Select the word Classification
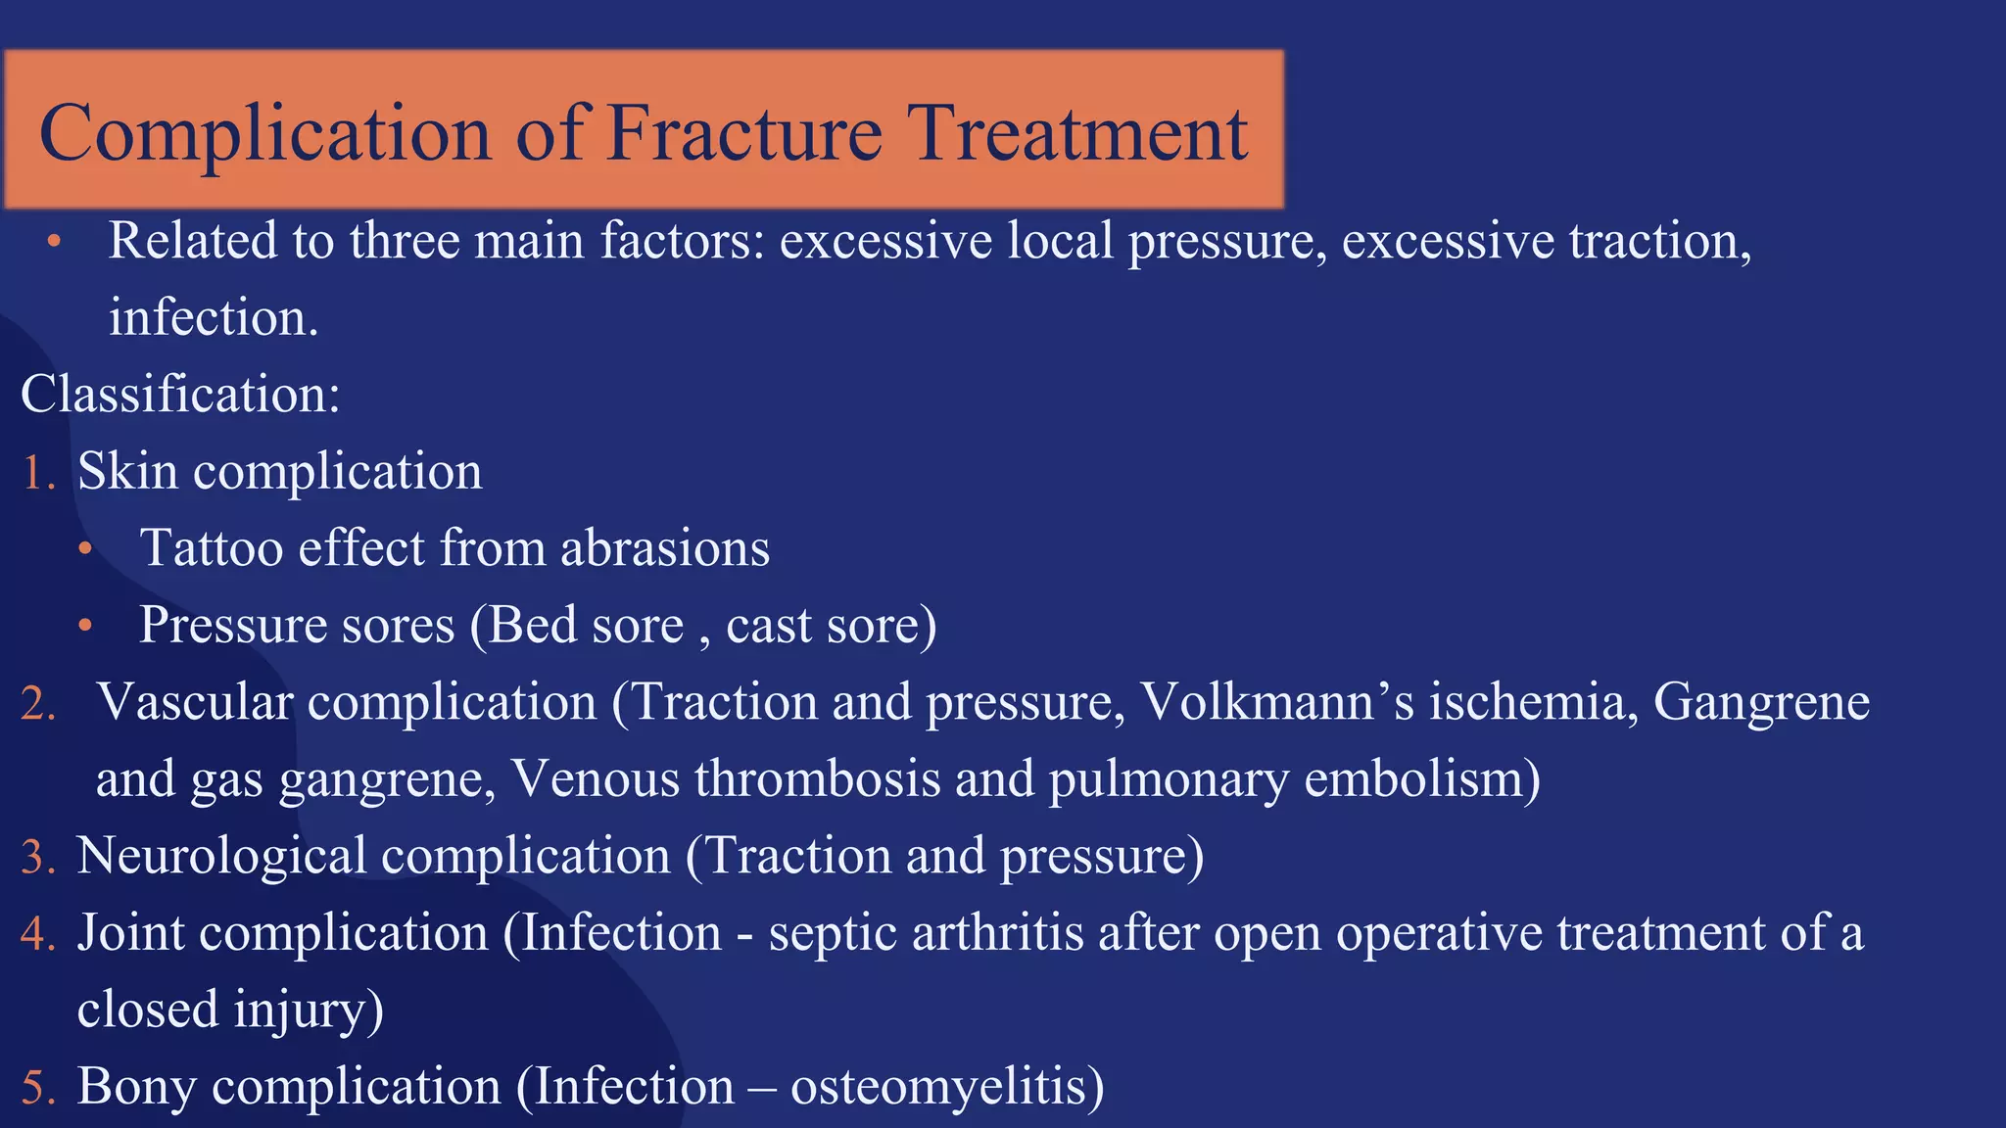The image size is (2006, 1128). (179, 395)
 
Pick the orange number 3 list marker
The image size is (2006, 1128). (38, 858)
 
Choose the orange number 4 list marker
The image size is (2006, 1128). (38, 934)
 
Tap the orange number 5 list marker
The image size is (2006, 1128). (38, 1088)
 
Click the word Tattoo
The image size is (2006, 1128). (212, 548)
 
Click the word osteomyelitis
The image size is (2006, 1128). (938, 1087)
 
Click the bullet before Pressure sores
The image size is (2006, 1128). (86, 626)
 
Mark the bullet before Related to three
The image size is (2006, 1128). (54, 241)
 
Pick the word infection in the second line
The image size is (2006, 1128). (212, 318)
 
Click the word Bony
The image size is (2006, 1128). (136, 1088)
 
